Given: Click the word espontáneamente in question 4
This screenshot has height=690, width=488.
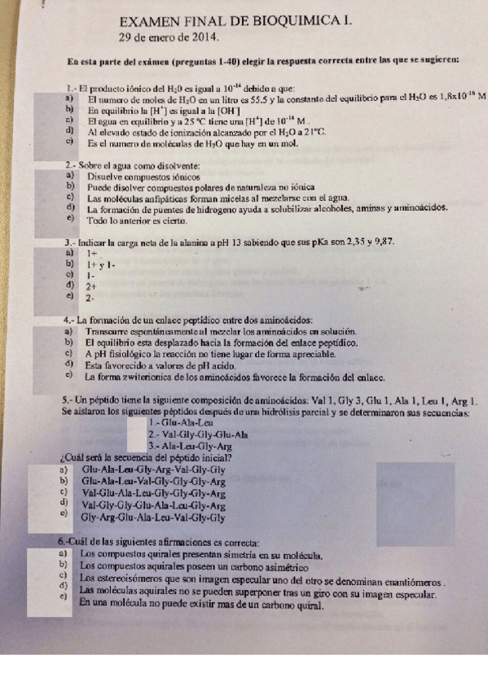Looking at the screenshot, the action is coord(161,332).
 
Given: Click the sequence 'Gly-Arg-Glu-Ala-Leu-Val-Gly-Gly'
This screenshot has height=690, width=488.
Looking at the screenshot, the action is coord(153,517).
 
